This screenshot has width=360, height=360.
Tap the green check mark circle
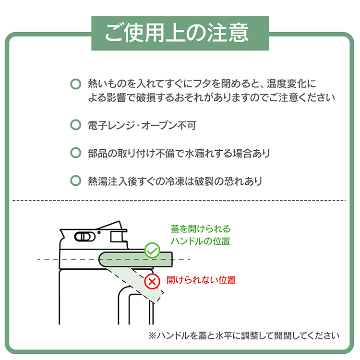point(152,251)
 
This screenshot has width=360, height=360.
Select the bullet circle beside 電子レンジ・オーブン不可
point(75,125)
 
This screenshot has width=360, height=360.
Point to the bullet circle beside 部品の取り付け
point(75,153)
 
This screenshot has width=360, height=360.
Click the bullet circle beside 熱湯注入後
point(75,181)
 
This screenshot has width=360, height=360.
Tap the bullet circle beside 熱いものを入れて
point(75,84)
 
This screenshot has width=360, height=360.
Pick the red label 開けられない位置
point(201,280)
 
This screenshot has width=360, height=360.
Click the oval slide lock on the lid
point(84,236)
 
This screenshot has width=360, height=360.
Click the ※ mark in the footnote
point(153,335)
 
